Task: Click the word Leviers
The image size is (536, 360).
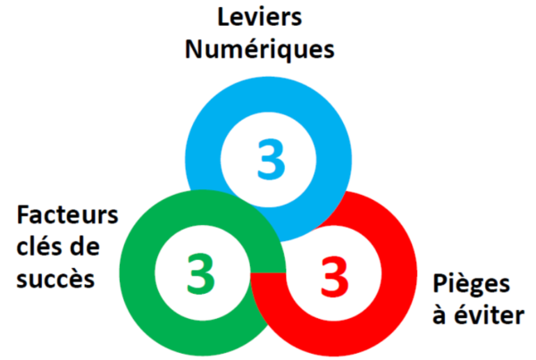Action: [x=260, y=17]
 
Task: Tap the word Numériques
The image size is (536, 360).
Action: [x=260, y=47]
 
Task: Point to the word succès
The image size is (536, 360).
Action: [x=55, y=278]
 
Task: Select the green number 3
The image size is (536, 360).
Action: [x=201, y=274]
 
